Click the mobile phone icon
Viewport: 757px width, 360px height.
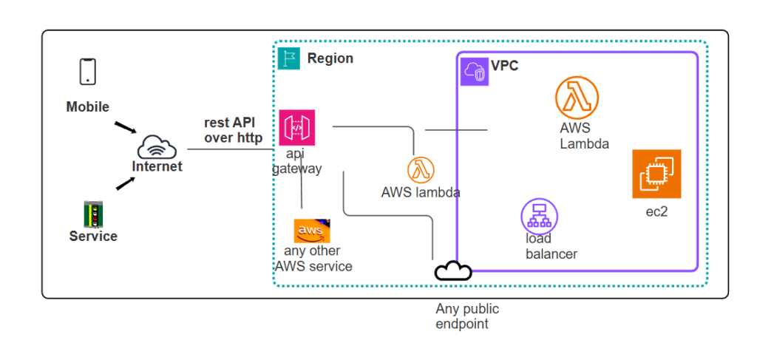coord(88,72)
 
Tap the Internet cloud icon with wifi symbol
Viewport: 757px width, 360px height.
coord(157,146)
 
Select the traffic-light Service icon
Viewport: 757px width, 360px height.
coord(93,214)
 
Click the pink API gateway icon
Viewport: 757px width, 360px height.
coord(297,127)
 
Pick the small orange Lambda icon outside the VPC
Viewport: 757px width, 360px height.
coord(421,170)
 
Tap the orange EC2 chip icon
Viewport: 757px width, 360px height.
coord(656,174)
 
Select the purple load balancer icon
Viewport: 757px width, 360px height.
coord(539,216)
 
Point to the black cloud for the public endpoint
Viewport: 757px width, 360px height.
coord(452,271)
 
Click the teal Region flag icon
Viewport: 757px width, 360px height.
coord(289,58)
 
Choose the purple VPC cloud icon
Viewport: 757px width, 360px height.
coord(475,72)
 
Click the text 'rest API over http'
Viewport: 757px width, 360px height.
coord(233,130)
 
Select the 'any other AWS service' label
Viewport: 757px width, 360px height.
coord(313,259)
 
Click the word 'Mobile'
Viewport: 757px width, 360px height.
coord(87,107)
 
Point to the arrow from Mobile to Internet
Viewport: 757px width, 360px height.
coord(125,129)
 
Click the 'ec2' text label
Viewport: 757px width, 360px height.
coord(656,212)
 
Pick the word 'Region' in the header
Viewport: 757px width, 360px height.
coord(330,58)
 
